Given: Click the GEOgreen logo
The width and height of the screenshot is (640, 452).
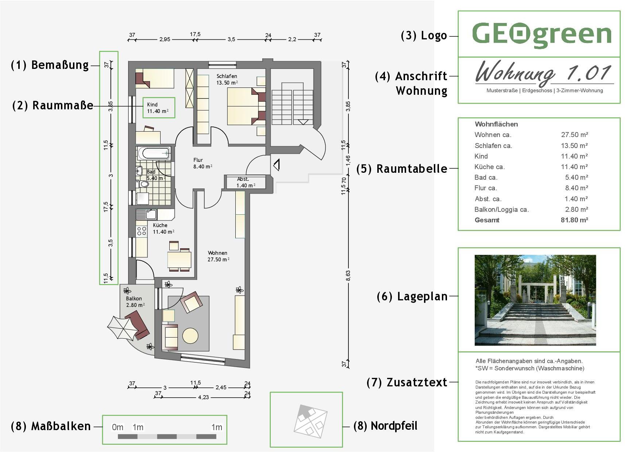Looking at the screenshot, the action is [541, 35].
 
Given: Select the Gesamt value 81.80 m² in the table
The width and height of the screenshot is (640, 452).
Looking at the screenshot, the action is [574, 220].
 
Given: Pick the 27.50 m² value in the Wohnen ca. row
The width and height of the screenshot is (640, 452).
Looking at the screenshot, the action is [574, 135].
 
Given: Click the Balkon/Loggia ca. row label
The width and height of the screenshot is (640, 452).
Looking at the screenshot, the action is [501, 210].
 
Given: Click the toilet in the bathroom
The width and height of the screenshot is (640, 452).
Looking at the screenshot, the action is [143, 184].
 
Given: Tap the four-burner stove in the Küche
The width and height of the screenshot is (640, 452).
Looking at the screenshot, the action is [142, 230].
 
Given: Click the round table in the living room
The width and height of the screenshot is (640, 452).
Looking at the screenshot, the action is [190, 336].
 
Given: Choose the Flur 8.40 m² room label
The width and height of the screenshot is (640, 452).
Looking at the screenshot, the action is [202, 163].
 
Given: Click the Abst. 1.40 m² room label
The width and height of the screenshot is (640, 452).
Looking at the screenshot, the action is [246, 182].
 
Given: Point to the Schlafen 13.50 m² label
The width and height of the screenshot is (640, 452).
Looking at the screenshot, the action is [227, 79].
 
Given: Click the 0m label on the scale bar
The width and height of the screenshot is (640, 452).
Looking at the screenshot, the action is [117, 427].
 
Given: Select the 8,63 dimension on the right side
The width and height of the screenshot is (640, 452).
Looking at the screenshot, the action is [348, 276].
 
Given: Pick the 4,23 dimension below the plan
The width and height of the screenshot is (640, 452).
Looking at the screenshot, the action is [203, 397].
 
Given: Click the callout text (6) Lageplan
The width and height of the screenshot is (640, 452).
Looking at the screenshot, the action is [412, 296].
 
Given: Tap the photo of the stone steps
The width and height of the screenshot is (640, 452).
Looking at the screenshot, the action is [535, 300].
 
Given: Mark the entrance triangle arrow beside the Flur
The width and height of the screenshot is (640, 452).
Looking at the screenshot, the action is [277, 165].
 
